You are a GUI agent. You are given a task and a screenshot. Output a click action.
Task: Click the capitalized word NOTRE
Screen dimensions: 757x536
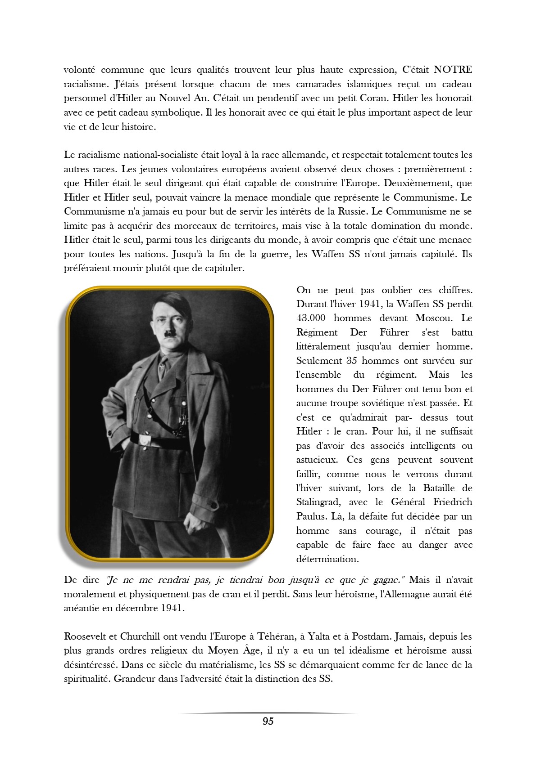click(452, 70)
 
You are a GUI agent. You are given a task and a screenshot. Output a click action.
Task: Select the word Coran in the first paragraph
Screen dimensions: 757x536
click(373, 98)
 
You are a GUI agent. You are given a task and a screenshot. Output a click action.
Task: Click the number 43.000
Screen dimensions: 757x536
click(311, 318)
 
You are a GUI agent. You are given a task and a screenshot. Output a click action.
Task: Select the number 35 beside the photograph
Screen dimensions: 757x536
click(351, 361)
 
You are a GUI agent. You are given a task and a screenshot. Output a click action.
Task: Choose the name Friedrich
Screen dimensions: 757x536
click(453, 502)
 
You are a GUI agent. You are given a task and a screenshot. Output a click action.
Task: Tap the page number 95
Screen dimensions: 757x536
click(268, 721)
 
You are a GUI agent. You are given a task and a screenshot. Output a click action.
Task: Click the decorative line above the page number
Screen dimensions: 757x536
click(268, 713)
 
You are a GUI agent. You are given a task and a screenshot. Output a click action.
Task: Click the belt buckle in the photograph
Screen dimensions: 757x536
click(144, 440)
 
